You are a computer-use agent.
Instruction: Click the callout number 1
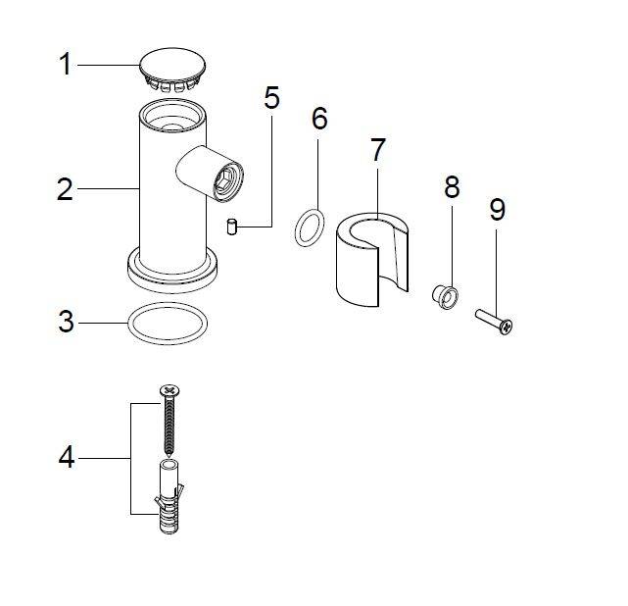[66, 64]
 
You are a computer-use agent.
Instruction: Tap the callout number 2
[65, 189]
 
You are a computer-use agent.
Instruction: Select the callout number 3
[66, 322]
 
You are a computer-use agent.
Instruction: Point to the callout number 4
[67, 457]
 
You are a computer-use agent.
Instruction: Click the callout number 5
[271, 97]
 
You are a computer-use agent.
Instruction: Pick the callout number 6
[319, 119]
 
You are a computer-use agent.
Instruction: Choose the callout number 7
[377, 150]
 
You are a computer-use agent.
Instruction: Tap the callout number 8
[452, 186]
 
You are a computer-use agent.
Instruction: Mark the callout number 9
[498, 210]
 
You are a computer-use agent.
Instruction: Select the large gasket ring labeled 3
[168, 323]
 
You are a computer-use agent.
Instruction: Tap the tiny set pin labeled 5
[231, 227]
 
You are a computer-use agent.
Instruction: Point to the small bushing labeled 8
[446, 297]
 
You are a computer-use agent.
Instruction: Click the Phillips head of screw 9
[507, 327]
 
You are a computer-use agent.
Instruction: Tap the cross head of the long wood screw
[169, 390]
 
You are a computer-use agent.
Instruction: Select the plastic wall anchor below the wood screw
[169, 497]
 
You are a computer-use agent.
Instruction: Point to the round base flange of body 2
[172, 277]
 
